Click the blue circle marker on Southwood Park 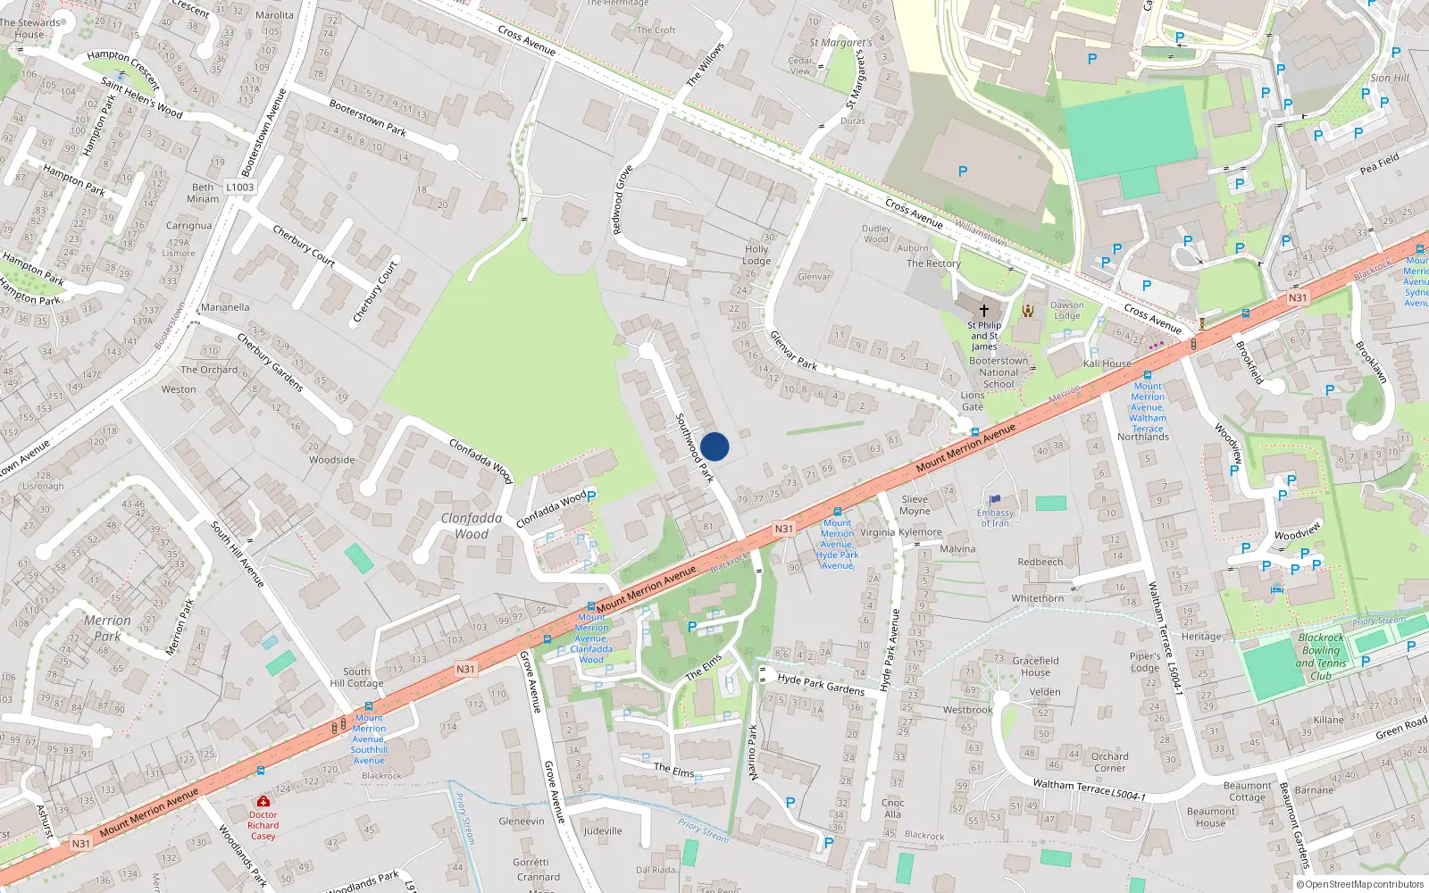[x=714, y=446]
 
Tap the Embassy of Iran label [x=995, y=518]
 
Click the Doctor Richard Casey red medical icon [x=263, y=801]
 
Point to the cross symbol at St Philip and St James [x=984, y=311]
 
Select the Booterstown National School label [x=999, y=372]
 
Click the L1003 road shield [x=239, y=188]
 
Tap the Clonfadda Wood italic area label [x=472, y=526]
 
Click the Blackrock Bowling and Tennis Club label [x=1321, y=656]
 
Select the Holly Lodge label [x=756, y=255]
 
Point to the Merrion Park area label [x=107, y=628]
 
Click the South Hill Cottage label [x=356, y=678]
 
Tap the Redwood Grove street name [x=623, y=201]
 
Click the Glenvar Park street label [x=793, y=350]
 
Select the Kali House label [x=1107, y=363]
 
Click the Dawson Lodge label [x=1067, y=310]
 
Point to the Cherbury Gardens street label [x=271, y=362]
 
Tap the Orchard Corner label [x=1110, y=762]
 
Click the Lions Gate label [x=973, y=401]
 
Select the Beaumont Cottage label [x=1247, y=791]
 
